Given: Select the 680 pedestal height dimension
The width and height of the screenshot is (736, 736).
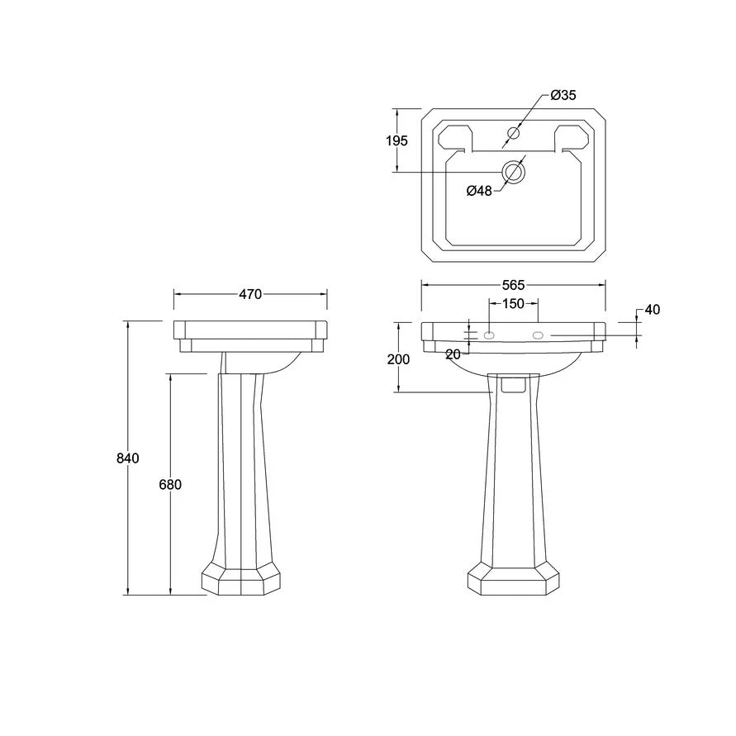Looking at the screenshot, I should click(x=170, y=485).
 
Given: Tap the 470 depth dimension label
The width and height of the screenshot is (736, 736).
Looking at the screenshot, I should click(x=250, y=294).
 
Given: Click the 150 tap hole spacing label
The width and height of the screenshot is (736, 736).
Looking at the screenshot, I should click(x=514, y=304).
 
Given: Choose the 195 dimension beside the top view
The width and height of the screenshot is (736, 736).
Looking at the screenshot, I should click(x=396, y=141).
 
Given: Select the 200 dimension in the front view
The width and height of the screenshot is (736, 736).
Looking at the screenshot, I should click(x=398, y=359).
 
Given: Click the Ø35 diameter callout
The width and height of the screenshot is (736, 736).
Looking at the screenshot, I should click(x=563, y=96).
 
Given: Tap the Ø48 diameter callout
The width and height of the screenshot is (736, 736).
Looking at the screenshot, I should click(x=479, y=191).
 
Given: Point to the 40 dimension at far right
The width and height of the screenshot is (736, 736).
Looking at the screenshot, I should click(x=653, y=310).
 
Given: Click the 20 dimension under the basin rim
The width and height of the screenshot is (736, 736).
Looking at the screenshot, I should click(x=453, y=354).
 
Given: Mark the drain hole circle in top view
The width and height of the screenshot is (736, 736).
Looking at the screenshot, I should click(x=515, y=172).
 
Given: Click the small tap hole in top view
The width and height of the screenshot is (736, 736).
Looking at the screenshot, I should click(x=514, y=133).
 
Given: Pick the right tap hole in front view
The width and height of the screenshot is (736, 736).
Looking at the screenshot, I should click(x=539, y=335).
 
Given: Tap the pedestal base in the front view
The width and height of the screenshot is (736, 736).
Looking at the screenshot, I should click(x=513, y=580).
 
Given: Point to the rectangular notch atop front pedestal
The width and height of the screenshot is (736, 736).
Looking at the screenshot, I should click(x=513, y=382).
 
